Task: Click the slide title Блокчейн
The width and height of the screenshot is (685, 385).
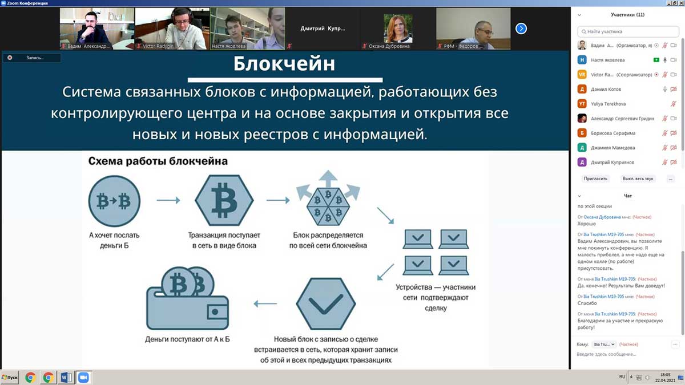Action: point(284,64)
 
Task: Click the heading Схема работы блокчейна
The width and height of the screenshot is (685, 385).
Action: point(158,161)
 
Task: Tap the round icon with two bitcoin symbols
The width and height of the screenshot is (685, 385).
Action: point(114,201)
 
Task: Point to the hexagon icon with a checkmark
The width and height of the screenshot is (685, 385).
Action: point(325,304)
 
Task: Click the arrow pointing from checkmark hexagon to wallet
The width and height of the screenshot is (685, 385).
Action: point(265,303)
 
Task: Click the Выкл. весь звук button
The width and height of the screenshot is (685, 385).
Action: point(638,179)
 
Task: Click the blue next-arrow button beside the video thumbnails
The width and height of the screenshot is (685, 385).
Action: point(521,28)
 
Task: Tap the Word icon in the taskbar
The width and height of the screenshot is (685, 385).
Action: point(65,377)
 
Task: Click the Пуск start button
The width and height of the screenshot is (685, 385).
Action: point(10,377)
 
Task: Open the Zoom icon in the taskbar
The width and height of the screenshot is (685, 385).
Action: point(83,377)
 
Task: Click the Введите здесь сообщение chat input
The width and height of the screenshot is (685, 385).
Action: point(622,354)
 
